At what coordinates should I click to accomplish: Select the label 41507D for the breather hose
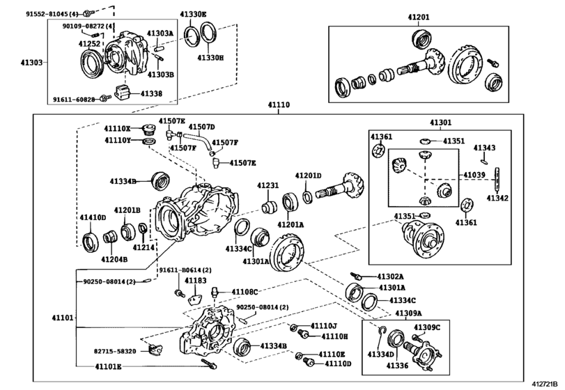tap(202, 127)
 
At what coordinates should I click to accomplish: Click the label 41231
tap(268, 185)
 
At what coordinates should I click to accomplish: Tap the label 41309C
tap(427, 327)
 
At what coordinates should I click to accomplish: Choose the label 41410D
tap(92, 217)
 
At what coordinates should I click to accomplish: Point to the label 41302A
tap(390, 276)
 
